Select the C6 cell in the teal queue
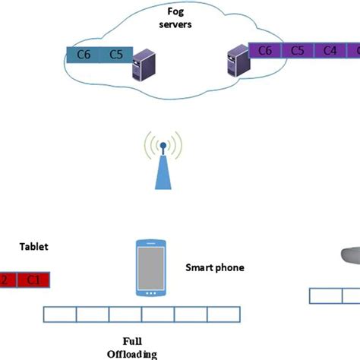click(x=85, y=55)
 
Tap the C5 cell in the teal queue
click(x=115, y=55)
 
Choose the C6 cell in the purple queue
click(x=265, y=51)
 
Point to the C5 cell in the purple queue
click(x=298, y=51)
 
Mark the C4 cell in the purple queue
click(x=330, y=51)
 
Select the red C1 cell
click(x=33, y=279)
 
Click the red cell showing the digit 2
click(x=6, y=279)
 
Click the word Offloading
click(x=131, y=353)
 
